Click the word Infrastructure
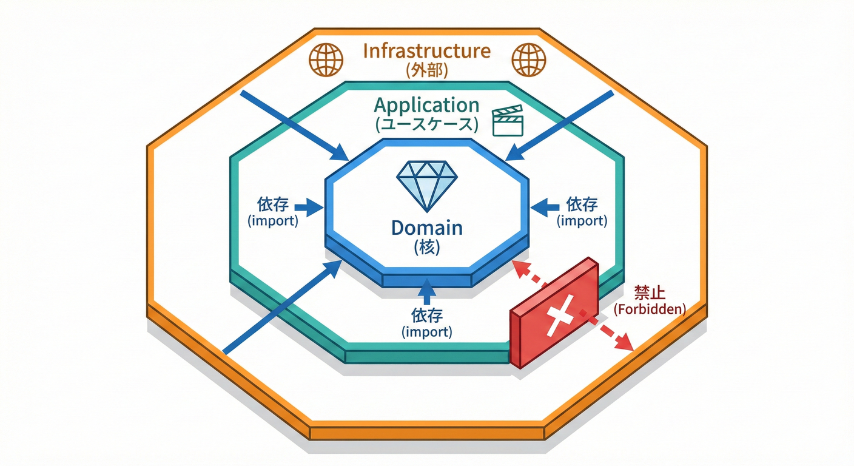pos(426,50)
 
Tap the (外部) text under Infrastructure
pos(426,70)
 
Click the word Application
pos(426,105)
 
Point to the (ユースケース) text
pos(426,126)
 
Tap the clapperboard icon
pos(507,121)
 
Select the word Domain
pos(427,228)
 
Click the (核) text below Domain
pos(427,248)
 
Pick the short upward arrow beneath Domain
pos(427,291)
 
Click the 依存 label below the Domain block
pos(427,316)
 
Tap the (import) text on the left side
pos(273,221)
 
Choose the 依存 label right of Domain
pos(582,204)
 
